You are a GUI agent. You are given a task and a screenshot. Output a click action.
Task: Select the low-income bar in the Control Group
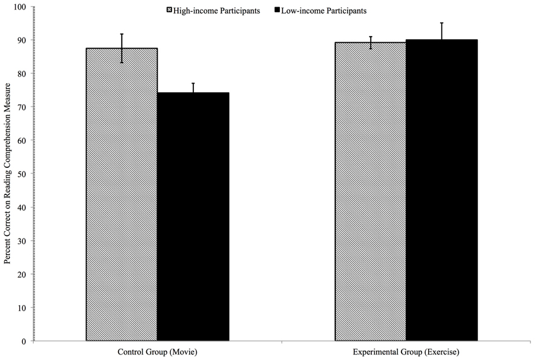(193, 217)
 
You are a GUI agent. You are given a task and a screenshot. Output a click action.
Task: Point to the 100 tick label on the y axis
(22, 7)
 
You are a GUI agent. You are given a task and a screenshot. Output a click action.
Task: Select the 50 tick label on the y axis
(23, 174)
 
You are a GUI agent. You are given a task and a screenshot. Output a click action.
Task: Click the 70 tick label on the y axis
(23, 107)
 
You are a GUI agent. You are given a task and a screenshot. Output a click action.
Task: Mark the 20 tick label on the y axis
(23, 275)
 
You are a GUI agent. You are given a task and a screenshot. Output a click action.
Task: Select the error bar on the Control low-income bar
(193, 88)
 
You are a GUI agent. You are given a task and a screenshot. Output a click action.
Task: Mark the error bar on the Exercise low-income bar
(441, 31)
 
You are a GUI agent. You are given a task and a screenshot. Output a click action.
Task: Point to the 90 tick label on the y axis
(23, 40)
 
